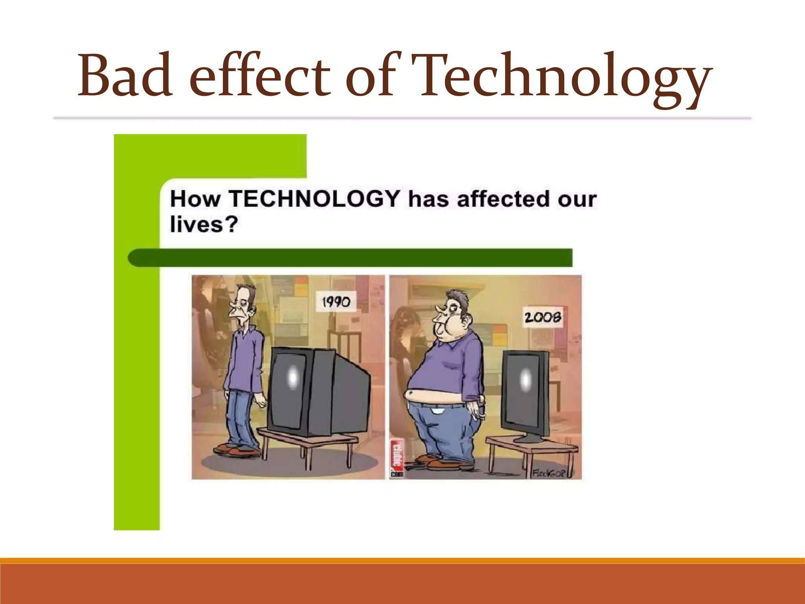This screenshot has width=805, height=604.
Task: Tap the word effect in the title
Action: [x=259, y=75]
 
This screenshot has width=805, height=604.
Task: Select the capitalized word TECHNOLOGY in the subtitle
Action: [x=314, y=199]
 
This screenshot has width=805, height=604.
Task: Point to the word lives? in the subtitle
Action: [x=204, y=225]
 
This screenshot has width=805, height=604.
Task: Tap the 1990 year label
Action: [x=336, y=302]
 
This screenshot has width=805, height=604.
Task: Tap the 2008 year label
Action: [x=542, y=317]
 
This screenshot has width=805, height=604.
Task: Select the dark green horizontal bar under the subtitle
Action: [x=350, y=258]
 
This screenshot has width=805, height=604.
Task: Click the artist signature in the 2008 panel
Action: [x=550, y=473]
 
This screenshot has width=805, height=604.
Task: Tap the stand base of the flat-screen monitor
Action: [x=529, y=438]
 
